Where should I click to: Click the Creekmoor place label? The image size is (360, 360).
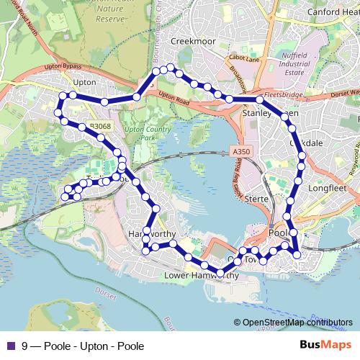[193, 42]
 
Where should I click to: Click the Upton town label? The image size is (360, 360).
[84, 82]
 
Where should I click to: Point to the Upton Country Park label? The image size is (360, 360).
[140, 133]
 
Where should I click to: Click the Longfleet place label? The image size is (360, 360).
[328, 189]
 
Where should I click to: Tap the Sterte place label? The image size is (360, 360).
[256, 199]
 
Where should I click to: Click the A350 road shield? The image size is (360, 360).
[242, 152]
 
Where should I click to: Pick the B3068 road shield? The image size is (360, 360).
[101, 127]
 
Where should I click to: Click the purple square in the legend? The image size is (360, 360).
[9, 346]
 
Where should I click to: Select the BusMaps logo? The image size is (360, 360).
[326, 345]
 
